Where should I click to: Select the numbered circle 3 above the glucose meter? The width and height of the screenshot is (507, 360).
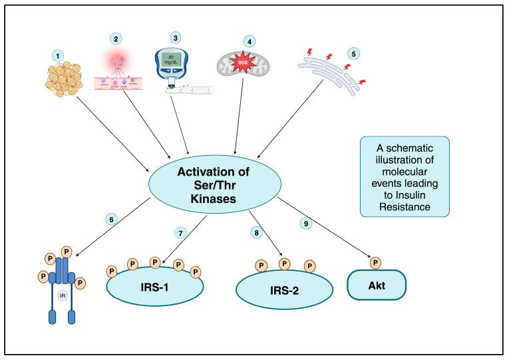(x=175, y=37)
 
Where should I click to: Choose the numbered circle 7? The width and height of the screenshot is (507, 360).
(x=180, y=233)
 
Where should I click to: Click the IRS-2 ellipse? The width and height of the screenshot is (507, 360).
(x=284, y=291)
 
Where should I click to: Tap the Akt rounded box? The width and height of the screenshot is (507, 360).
(x=376, y=286)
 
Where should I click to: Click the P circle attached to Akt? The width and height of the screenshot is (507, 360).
(x=376, y=262)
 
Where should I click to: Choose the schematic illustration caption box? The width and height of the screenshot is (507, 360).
(x=404, y=176)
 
